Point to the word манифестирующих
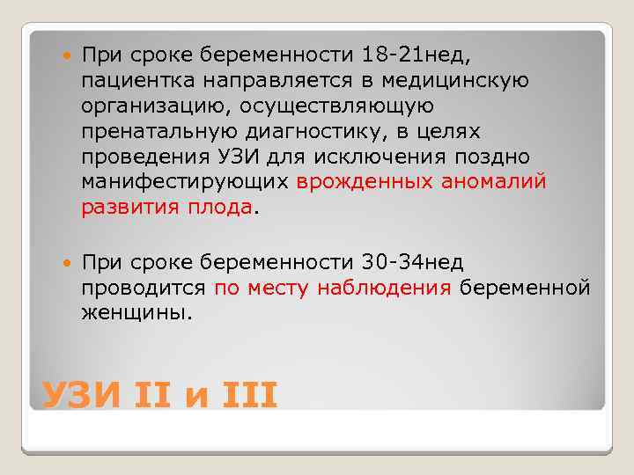click(185, 182)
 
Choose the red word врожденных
click(363, 182)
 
